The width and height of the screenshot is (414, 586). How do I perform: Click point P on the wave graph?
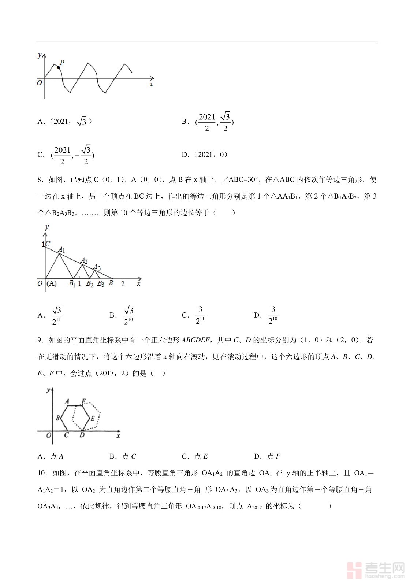59,68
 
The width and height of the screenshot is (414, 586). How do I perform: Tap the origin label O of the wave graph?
40,83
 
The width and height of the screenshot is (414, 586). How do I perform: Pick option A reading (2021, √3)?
64,122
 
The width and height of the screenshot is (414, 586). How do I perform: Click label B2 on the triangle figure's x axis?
90,284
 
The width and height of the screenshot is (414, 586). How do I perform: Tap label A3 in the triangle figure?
97,267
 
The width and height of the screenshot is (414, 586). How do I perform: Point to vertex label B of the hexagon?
58,418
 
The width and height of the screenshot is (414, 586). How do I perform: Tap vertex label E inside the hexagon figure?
93,419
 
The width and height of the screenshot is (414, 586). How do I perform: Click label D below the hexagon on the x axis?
82,435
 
